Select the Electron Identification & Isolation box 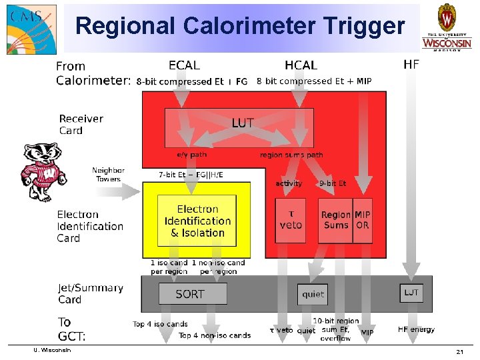pyautogui.click(x=197, y=221)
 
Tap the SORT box pyautogui.click(x=192, y=293)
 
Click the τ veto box pyautogui.click(x=291, y=220)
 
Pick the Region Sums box pyautogui.click(x=335, y=220)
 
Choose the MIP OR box pyautogui.click(x=363, y=220)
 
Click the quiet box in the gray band pyautogui.click(x=313, y=294)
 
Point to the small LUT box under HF pyautogui.click(x=411, y=293)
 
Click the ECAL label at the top pyautogui.click(x=184, y=65)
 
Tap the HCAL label pyautogui.click(x=301, y=65)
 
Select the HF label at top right pyautogui.click(x=411, y=64)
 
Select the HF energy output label pyautogui.click(x=416, y=329)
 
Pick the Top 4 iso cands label pyautogui.click(x=160, y=324)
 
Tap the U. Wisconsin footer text pyautogui.click(x=52, y=350)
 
